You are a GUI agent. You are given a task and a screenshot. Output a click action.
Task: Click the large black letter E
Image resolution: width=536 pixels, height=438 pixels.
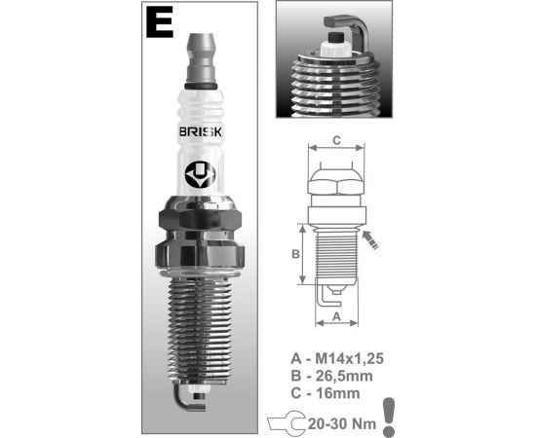(160, 22)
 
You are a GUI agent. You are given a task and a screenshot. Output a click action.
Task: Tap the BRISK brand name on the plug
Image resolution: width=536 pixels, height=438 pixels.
(201, 132)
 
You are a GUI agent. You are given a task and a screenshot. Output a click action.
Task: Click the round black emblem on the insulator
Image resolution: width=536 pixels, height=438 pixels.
(201, 174)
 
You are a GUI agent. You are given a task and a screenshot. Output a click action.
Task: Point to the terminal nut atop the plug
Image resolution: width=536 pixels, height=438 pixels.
(201, 60)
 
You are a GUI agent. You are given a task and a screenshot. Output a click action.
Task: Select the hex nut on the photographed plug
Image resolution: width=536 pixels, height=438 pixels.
(201, 220)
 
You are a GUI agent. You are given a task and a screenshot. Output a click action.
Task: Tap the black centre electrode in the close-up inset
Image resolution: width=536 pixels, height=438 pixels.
(335, 37)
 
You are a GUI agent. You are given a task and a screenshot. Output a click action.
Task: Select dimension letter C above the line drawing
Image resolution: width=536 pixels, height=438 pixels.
(337, 141)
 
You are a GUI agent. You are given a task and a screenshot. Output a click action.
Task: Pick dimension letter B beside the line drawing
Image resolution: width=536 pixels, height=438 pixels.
(295, 254)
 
